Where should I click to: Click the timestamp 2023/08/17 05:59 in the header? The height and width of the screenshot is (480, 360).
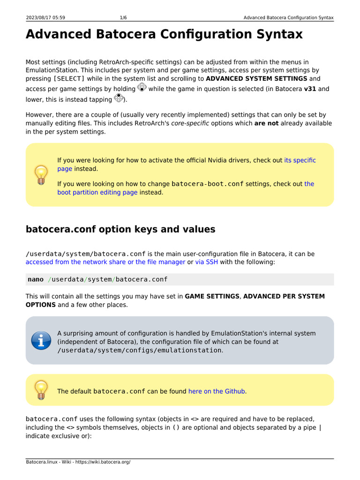point(45,18)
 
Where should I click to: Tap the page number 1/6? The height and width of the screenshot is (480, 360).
point(123,18)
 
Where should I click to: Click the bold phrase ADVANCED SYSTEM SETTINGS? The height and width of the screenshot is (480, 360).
point(256,78)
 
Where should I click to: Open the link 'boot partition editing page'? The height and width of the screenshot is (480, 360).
point(97,192)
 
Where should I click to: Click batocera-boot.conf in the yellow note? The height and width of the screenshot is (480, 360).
point(207,184)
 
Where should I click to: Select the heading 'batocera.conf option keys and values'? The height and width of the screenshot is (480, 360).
point(120,229)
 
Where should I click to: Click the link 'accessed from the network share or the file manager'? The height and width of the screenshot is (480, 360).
point(105,262)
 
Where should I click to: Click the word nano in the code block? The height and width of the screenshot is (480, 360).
point(36,279)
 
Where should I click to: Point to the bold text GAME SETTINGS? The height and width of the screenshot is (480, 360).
point(212,296)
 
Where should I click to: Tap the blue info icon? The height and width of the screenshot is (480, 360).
point(41,340)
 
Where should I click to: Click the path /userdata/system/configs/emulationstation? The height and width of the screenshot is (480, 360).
point(139,350)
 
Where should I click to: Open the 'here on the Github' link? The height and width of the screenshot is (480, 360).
point(217,391)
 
